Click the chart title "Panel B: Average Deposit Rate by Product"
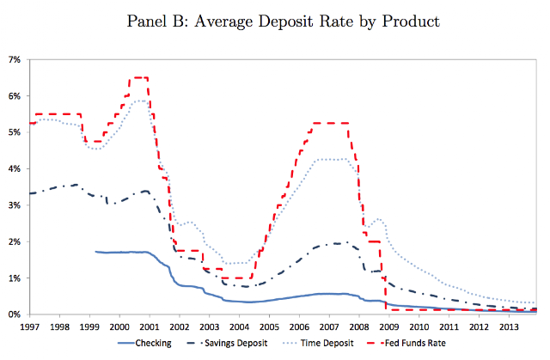[283, 21]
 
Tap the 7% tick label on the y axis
[15, 59]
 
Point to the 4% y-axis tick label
[15, 168]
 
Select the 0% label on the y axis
[15, 314]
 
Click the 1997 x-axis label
[30, 327]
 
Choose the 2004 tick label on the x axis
[239, 327]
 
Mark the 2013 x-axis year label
[509, 327]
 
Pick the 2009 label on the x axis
[389, 327]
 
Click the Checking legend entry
[144, 343]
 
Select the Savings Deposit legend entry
[227, 343]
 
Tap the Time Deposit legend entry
[318, 343]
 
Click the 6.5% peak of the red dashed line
[138, 77]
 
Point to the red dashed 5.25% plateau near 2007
[330, 123]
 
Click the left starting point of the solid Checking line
[95, 252]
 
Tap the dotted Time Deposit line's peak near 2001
[141, 101]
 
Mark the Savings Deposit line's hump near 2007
[336, 243]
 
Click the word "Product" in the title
[411, 21]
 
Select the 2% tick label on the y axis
[15, 241]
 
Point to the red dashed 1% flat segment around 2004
[237, 278]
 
